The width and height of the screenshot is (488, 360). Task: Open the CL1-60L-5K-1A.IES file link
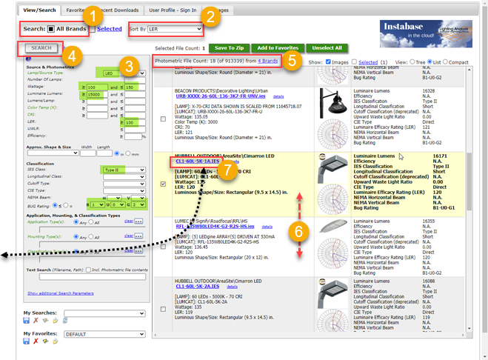coord(196,161)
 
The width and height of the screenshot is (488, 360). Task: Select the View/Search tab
coord(39,10)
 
